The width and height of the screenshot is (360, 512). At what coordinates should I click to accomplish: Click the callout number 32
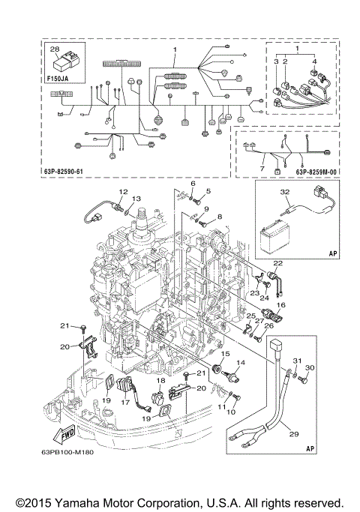(x=284, y=192)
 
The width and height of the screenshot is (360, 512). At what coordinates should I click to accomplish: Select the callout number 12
(x=123, y=191)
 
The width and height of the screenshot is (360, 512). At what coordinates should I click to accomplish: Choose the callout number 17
(x=125, y=402)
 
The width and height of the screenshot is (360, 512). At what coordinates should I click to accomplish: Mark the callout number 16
(x=282, y=306)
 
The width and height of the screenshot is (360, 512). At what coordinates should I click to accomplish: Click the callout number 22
(x=277, y=263)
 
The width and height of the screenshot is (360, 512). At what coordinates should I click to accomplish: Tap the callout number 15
(x=225, y=353)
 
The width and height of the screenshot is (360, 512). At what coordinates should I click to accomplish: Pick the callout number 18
(x=160, y=381)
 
